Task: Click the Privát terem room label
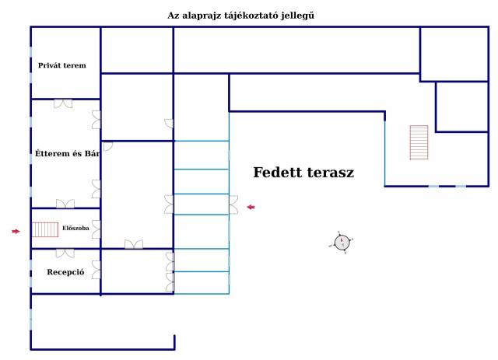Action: (62, 65)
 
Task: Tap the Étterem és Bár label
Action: (68, 154)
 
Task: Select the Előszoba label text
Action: (75, 228)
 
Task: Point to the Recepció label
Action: (65, 272)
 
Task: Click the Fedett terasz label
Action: (303, 173)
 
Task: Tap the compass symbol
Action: (342, 243)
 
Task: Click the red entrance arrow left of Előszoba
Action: (16, 232)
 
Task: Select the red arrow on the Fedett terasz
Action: (251, 207)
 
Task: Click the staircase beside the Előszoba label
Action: (45, 229)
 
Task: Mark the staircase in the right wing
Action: (419, 142)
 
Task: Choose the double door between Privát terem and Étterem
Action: (63, 103)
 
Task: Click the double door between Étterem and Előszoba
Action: (65, 204)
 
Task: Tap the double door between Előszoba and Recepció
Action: (65, 253)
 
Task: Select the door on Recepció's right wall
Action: (96, 270)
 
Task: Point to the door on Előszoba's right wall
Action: (96, 229)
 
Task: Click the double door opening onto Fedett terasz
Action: (233, 204)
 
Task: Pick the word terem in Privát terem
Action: (75, 65)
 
